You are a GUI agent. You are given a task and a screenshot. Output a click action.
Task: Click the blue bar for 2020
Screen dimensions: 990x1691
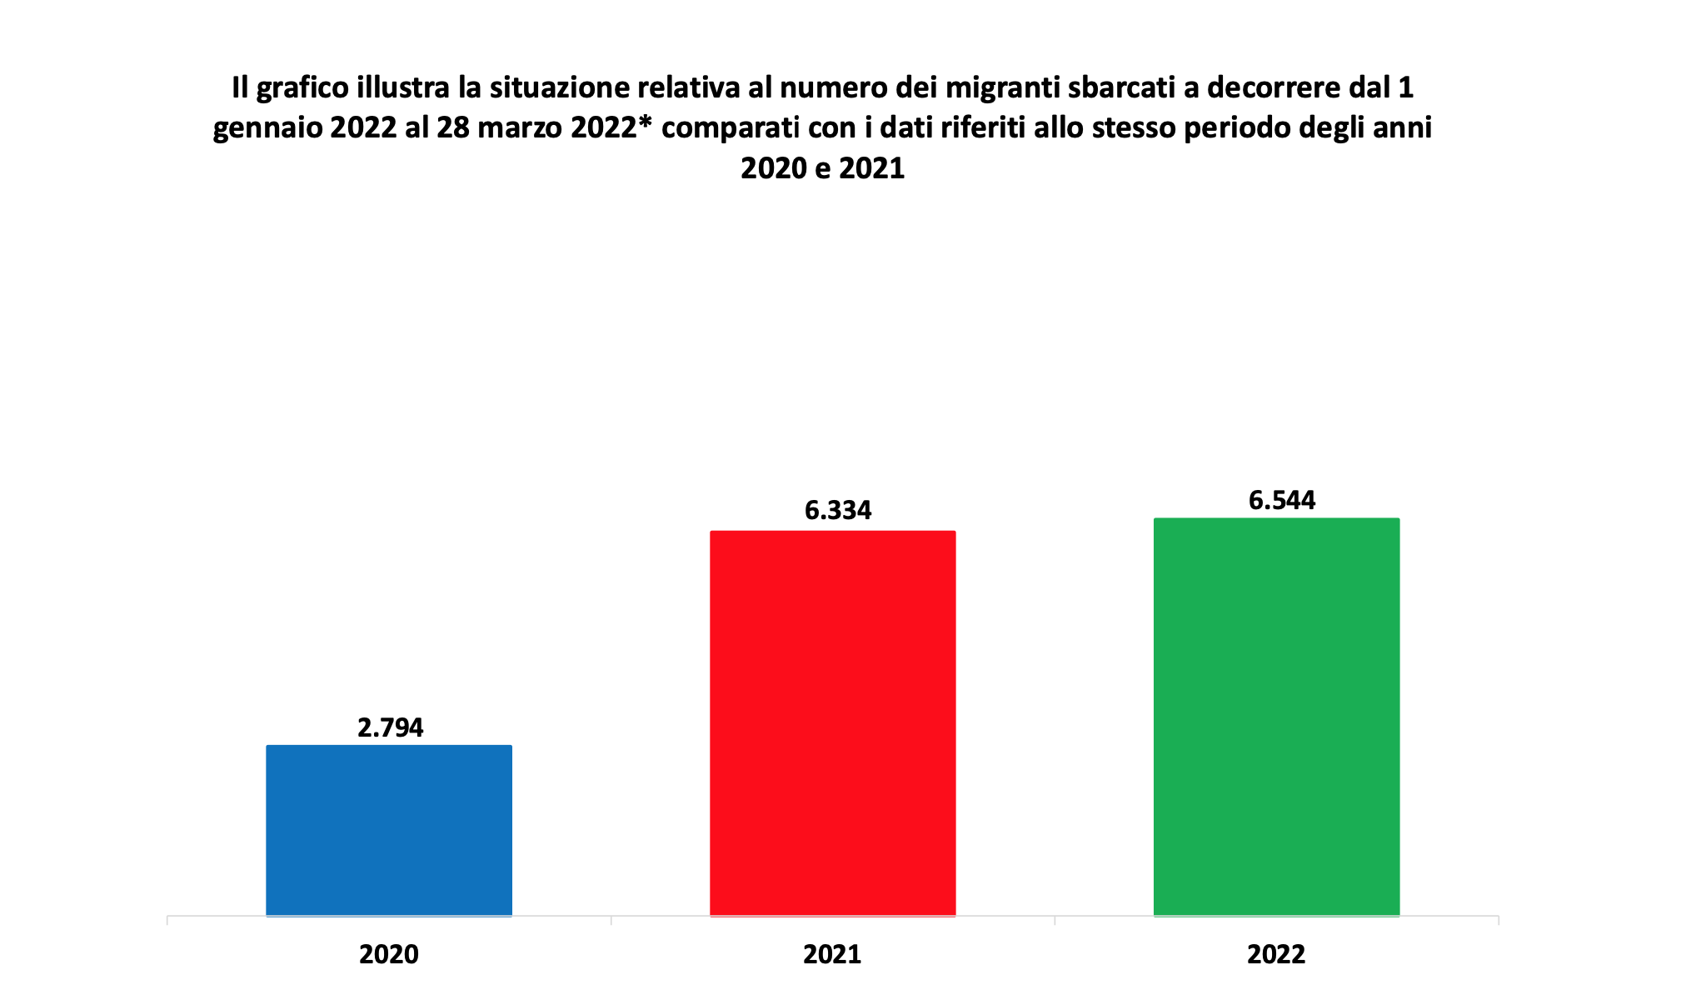point(389,830)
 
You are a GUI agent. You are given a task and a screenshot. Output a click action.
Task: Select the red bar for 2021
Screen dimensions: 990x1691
point(832,723)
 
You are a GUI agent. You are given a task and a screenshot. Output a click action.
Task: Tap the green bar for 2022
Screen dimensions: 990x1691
point(1276,717)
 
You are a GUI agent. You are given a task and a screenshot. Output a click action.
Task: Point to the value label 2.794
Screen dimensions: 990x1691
point(390,727)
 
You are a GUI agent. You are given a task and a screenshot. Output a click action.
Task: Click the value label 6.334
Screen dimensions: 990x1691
point(838,510)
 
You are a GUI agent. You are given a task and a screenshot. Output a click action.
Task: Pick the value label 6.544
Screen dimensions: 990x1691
point(1282,500)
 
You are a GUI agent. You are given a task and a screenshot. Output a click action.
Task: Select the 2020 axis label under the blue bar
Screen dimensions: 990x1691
point(389,954)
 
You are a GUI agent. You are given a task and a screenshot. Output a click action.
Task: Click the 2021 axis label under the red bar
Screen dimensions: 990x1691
point(832,954)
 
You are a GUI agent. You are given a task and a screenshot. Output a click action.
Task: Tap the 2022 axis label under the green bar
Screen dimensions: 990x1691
point(1276,954)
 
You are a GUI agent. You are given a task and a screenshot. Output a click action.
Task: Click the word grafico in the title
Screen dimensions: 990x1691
point(303,88)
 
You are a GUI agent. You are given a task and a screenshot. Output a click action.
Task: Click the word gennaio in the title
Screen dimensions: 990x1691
point(268,128)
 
